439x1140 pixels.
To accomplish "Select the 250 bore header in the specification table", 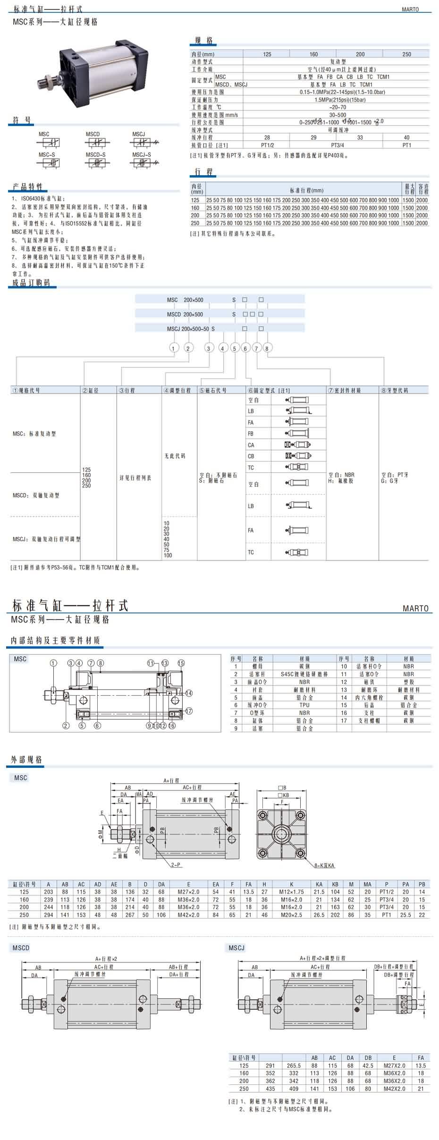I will pos(406,54).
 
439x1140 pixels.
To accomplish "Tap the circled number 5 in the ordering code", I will pos(235,349).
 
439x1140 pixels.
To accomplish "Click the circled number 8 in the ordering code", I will pos(267,349).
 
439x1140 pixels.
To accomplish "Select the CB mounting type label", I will pos(251,456).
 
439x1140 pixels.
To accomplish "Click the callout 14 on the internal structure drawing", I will pos(189,693).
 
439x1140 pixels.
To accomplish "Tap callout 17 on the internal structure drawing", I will pos(189,711).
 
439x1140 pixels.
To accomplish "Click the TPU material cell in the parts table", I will pos(304,705).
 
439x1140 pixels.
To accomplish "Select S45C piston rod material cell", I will pos(304,674).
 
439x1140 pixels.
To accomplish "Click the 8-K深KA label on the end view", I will pos(325,866).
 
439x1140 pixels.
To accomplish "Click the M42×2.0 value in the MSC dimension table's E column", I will pos(189,915).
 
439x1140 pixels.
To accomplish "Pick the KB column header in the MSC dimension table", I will pos(335,885).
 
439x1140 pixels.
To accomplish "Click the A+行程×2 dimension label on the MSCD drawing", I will pos(106,959).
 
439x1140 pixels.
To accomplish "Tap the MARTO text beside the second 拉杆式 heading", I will pos(415,609).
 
